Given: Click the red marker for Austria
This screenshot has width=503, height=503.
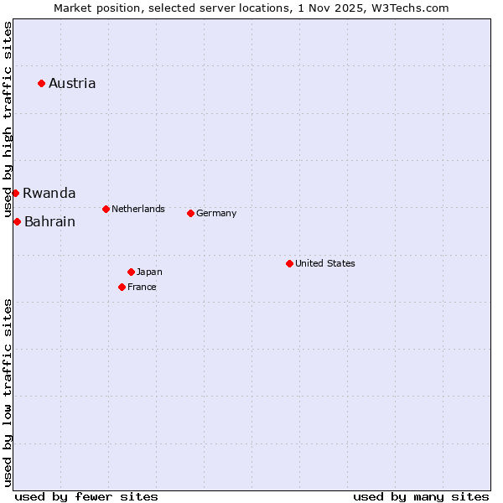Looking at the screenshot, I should point(41,83).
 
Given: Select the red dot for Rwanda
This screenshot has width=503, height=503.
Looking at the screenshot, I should point(15,193).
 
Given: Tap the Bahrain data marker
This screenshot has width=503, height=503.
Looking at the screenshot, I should point(17,221).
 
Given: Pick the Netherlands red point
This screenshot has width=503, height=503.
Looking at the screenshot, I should point(106,209).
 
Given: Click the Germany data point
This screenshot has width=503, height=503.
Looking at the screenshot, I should point(190,213).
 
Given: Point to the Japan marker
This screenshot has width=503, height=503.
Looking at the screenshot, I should point(131,272).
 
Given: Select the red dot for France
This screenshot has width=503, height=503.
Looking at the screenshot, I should point(122,287).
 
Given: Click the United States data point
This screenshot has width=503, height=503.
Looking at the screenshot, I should point(289,263).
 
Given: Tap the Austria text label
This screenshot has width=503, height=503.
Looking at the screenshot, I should point(72,83).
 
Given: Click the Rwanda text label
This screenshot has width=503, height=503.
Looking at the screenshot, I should point(49,193).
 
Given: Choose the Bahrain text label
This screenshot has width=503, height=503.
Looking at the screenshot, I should point(49,222).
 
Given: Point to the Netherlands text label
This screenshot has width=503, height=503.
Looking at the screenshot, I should point(138,209).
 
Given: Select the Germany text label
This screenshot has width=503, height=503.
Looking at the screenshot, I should point(216,213).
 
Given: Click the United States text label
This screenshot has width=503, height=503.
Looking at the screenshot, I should point(325,263).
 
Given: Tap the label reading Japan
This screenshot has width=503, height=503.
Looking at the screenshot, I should point(149,272).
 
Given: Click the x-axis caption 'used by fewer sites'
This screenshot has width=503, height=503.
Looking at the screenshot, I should point(86,496).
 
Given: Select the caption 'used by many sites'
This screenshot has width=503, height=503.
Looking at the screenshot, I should point(421,496).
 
